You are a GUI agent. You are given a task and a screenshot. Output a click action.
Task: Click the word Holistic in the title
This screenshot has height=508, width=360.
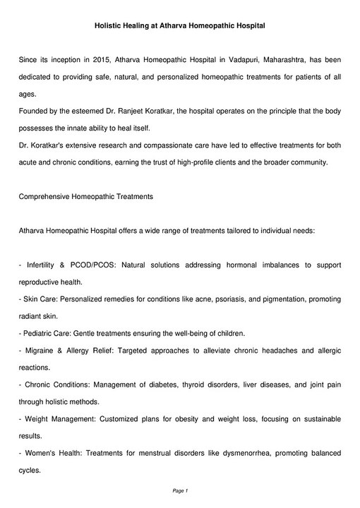point(112,25)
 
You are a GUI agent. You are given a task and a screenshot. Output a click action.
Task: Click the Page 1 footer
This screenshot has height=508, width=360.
point(180,490)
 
